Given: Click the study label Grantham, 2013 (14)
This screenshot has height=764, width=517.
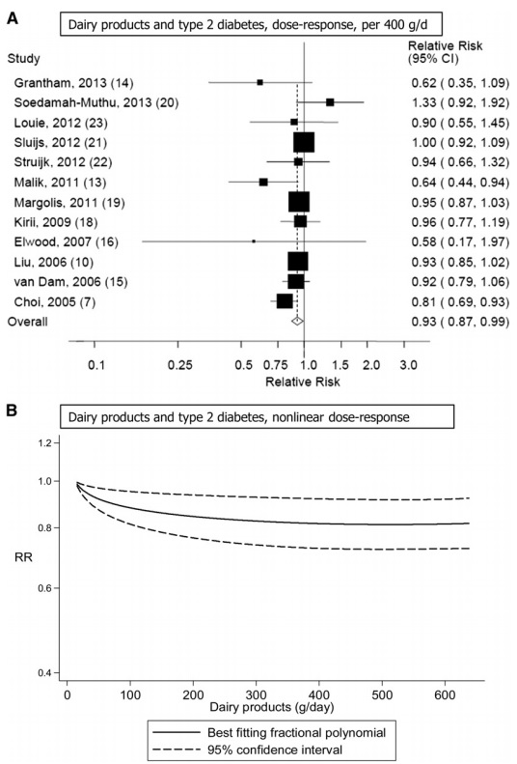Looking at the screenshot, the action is (73, 83).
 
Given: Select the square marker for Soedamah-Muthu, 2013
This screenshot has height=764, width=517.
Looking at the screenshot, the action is (330, 102).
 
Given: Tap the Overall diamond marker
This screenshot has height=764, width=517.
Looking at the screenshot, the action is (297, 321).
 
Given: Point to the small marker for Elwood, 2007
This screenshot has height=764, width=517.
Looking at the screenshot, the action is (254, 241).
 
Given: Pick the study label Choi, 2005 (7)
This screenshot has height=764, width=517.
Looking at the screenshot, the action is (54, 302).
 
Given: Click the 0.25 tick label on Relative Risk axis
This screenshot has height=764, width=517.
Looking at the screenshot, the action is (180, 365).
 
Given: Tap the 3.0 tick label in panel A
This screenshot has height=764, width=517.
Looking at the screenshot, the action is (407, 365).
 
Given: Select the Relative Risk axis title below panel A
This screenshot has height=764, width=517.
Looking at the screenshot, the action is (303, 382).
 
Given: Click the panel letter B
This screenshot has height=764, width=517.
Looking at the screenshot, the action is (12, 410).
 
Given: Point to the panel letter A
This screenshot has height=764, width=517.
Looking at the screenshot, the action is (12, 19).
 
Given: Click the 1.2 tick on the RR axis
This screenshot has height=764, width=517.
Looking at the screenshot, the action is (44, 443).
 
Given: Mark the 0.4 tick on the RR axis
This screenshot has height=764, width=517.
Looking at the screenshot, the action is (44, 673).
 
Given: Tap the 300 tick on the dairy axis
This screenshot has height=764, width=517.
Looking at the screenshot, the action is (257, 694).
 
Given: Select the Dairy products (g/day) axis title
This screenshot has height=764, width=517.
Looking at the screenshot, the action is (272, 706).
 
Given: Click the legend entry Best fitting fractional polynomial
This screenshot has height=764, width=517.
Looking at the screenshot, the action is (297, 732).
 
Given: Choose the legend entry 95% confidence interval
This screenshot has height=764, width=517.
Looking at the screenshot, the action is (275, 750).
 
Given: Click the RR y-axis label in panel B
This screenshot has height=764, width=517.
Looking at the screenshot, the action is (23, 557).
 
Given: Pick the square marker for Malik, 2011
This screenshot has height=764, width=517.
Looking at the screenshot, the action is (263, 182).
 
